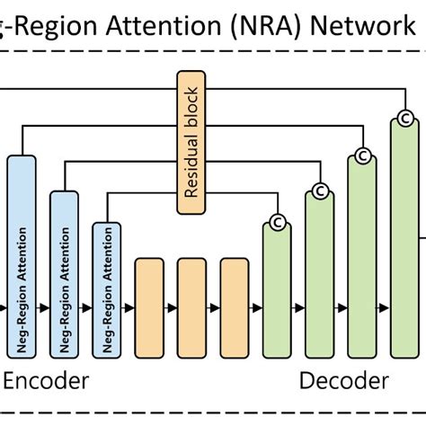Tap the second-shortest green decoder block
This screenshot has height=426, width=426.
[x=319, y=274]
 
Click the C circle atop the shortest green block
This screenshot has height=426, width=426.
[x=278, y=222]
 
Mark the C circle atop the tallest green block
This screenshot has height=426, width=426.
[x=405, y=118]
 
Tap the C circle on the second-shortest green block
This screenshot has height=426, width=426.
[x=320, y=190]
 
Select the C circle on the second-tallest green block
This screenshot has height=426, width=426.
[x=362, y=155]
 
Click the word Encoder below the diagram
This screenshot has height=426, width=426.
[x=47, y=381]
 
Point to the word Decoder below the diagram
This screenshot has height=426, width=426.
[x=343, y=381]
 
